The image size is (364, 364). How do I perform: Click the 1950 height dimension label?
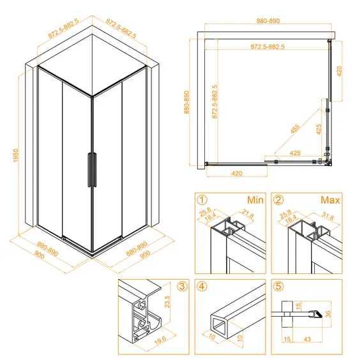coord(15,156)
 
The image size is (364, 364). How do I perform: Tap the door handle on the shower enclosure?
coord(92,170)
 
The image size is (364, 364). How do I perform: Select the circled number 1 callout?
coord(202,200)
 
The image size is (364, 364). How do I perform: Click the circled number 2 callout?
coord(278,200)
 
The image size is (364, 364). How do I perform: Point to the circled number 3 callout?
coord(182,286)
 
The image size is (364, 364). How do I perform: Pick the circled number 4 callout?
coord(202,286)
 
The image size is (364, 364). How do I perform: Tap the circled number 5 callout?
coord(278,286)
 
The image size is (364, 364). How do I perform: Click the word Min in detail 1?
coord(255,200)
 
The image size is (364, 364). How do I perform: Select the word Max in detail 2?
coord(330,200)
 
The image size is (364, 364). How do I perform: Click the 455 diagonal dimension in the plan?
coord(295,129)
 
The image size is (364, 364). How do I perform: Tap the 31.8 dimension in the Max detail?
coord(328,216)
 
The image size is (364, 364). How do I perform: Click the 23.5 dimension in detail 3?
coord(167,301)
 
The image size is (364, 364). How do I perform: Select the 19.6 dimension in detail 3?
coord(160,340)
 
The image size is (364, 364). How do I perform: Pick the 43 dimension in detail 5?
coord(307,339)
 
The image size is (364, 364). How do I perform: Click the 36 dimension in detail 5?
coord(328,314)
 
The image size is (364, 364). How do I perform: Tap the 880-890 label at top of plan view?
coord(268,20)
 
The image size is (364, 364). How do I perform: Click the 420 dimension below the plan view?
coord(237,174)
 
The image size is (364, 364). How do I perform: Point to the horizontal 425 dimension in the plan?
coord(295,153)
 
